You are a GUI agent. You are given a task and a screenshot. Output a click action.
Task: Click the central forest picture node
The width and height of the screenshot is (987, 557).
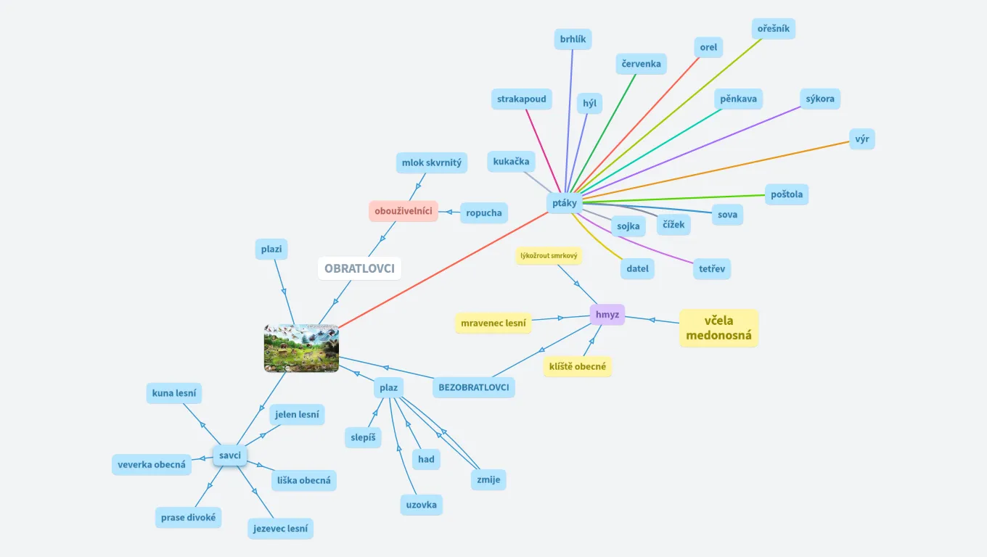coord(301,348)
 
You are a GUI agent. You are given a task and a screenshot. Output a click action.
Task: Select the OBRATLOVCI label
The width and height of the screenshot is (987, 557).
coord(359,268)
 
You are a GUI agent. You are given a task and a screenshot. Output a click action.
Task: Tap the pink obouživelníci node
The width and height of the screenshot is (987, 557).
coord(404,211)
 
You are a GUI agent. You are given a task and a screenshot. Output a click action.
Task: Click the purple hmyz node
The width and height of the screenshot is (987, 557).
coord(607,315)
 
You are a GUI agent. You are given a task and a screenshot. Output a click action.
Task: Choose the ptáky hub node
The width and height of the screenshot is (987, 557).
coord(565,203)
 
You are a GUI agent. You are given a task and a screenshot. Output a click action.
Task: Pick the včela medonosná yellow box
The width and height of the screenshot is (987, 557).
coord(718,328)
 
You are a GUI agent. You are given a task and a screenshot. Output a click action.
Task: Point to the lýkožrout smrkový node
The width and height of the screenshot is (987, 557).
coord(549,255)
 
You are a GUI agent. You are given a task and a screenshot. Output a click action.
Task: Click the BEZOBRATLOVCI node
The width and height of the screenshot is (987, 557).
coord(474,387)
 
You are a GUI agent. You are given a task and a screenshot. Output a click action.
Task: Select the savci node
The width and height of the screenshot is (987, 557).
coord(230,455)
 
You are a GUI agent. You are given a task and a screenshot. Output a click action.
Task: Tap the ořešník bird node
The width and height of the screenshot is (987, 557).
coord(774,29)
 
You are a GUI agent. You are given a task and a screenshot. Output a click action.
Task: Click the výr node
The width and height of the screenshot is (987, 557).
coord(862,139)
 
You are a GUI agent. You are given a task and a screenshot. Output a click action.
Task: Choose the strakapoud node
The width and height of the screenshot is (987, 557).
coord(522,99)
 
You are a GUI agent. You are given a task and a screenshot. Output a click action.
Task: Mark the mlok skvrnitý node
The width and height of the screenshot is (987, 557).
coord(432,162)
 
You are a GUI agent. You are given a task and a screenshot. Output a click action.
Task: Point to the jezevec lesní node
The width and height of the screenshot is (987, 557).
coord(280,529)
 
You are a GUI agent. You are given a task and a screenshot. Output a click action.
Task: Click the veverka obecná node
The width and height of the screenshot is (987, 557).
coord(152,464)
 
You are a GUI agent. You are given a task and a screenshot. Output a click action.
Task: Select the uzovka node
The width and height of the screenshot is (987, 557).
coord(422,504)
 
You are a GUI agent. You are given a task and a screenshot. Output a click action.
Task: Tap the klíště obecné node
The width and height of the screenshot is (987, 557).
coord(578,366)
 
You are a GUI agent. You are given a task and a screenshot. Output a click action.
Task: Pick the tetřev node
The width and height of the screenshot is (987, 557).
coord(711,269)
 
